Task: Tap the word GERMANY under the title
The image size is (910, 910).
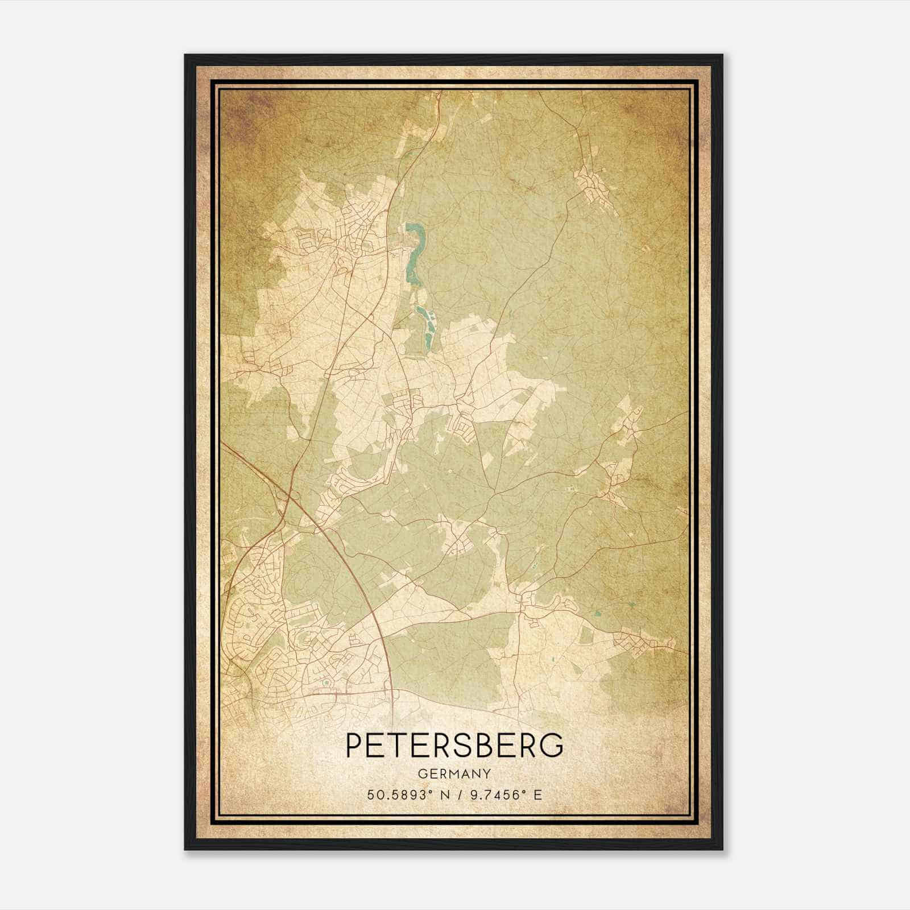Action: pos(454,774)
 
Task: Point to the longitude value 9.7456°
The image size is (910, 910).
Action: pos(493,795)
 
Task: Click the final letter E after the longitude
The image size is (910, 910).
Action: pos(537,795)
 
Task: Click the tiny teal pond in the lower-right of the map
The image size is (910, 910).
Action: pos(596,614)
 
